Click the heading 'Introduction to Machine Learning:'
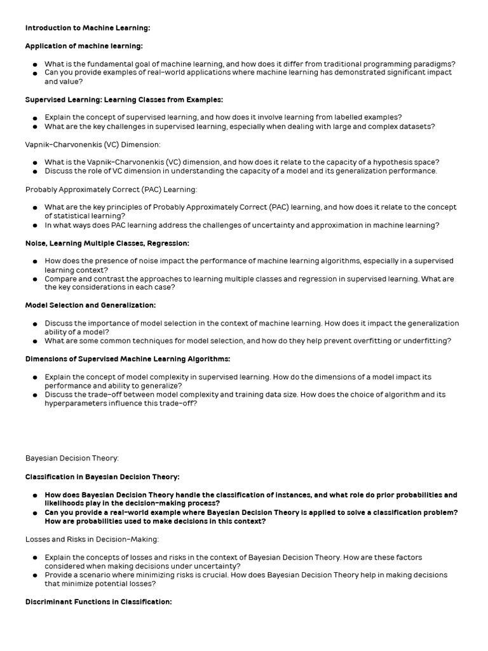point(87,28)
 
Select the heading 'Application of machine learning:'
point(84,46)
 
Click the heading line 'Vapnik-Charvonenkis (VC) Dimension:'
point(93,144)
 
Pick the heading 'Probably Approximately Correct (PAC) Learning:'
point(111,189)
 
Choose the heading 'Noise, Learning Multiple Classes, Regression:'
point(107,243)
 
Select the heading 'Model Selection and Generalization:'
point(90,305)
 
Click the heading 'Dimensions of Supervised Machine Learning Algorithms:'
point(128,359)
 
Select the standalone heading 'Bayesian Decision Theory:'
point(72,458)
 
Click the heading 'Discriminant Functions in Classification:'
point(98,601)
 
